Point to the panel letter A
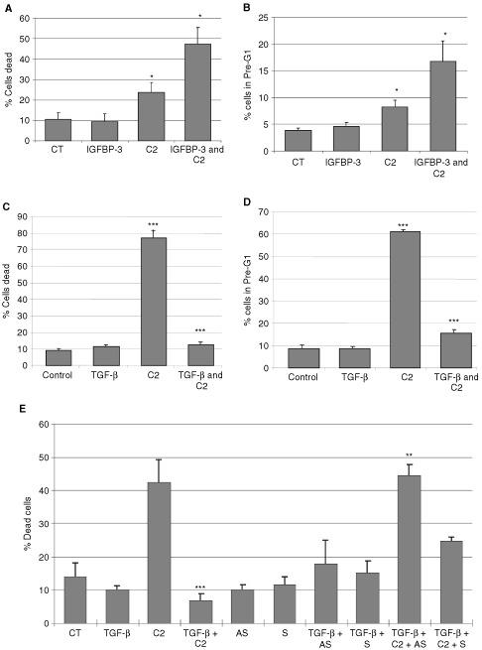coord(7,6)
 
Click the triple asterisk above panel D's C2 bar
coord(397,225)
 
